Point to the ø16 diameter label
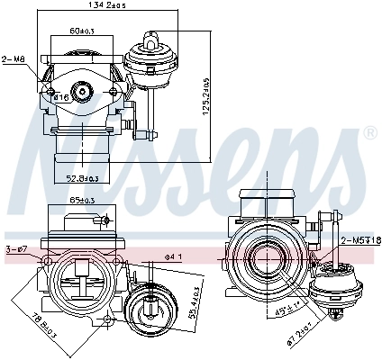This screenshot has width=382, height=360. coord(62,96)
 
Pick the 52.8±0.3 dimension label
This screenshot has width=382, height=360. coord(83,178)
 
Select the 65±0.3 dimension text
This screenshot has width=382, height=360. coord(82,202)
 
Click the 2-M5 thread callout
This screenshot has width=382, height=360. coord(359,240)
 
